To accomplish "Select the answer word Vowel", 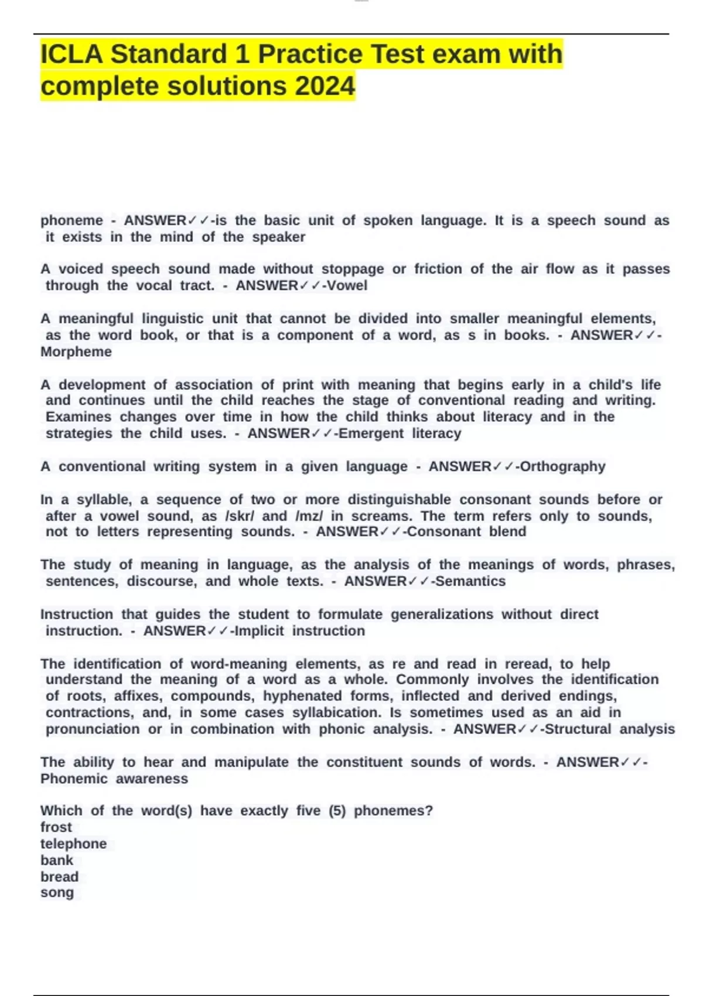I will tap(349, 286).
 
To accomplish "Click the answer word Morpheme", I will tap(76, 352).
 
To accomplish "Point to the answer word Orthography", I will tap(562, 467).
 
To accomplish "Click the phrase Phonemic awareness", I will tap(114, 779).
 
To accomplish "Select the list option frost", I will tap(56, 827).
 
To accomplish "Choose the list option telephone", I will tap(73, 844).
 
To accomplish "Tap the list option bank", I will tap(57, 860).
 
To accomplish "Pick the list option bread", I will tap(59, 876).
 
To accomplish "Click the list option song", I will tap(57, 893).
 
